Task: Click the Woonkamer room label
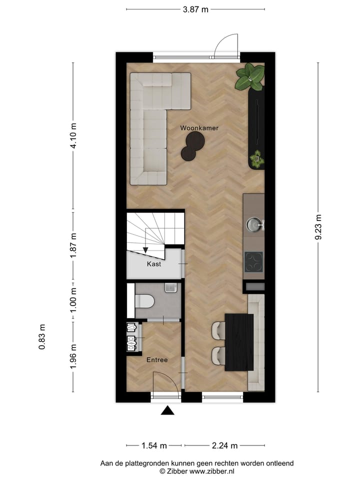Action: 199,128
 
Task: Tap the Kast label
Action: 154,264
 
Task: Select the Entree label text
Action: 156,359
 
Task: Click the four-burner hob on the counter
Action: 253,261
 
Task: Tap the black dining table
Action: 239,342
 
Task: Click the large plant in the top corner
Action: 250,77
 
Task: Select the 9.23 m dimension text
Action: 318,227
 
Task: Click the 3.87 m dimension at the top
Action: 195,9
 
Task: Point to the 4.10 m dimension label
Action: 73,135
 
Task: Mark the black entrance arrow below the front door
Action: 167,410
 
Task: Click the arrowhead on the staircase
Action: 145,249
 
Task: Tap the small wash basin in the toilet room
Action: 170,287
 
